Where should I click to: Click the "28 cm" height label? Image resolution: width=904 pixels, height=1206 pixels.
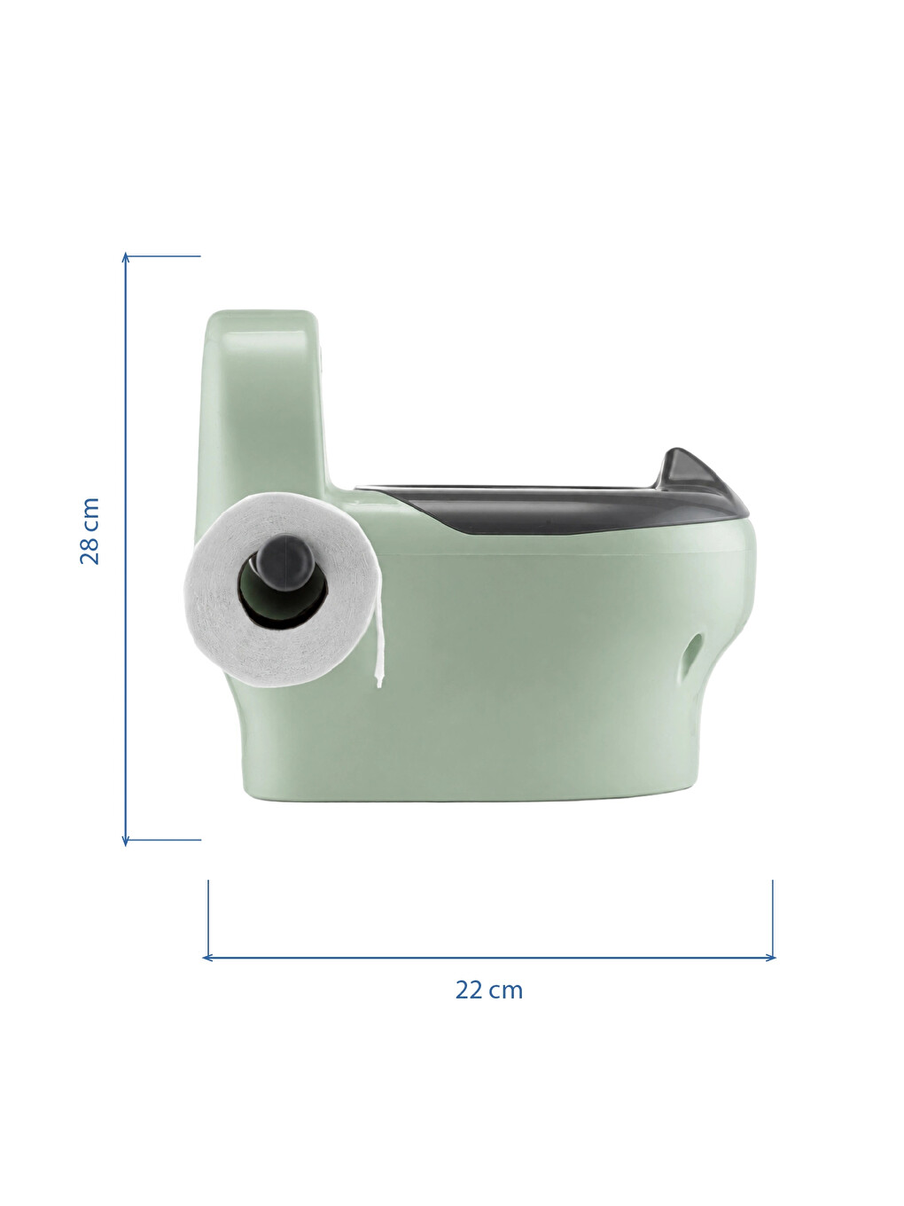coord(90,531)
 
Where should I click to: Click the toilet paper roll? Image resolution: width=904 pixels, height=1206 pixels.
coord(282,591)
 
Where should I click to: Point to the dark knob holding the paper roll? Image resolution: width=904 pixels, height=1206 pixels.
coord(285,563)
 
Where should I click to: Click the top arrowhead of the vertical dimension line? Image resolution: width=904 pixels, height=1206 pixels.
coord(126,258)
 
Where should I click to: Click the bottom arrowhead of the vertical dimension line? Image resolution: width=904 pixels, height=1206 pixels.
coord(126,840)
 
